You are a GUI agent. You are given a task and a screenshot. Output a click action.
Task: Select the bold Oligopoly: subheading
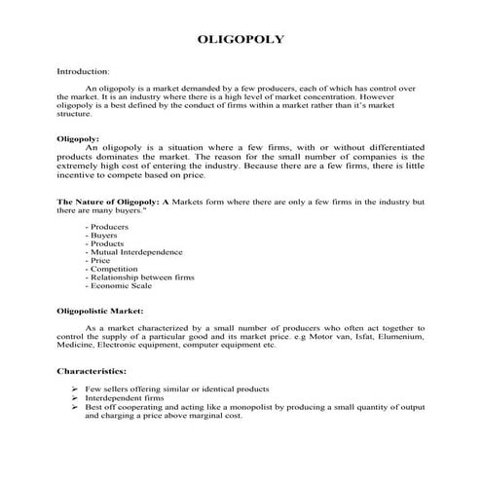coord(78,138)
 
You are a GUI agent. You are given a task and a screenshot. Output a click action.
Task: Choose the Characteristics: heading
coord(92,372)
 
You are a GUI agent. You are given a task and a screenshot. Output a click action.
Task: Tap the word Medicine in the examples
coord(74,345)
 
